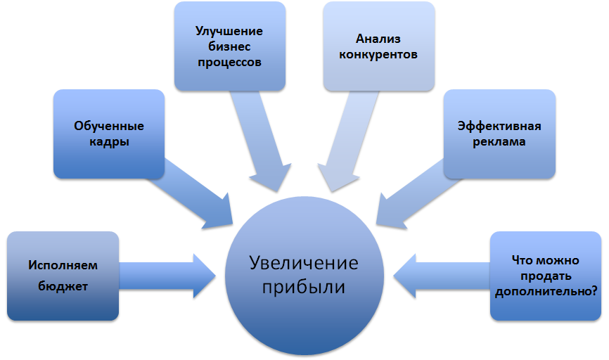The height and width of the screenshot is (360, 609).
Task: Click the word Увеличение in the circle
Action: (304, 264)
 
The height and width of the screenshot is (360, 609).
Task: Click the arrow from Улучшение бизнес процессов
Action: (262, 141)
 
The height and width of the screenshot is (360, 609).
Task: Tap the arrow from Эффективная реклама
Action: (411, 193)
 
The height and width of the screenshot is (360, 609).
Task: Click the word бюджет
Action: (63, 287)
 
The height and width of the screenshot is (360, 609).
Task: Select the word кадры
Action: (109, 141)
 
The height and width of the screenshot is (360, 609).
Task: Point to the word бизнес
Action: (229, 46)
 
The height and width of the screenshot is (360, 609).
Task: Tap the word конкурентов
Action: (378, 53)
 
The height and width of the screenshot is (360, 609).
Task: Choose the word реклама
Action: (499, 141)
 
